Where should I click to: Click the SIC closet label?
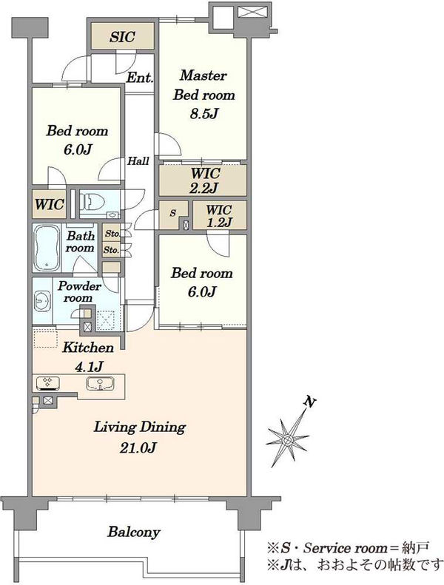[122, 36]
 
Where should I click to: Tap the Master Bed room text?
[204, 85]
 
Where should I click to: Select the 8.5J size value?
[203, 113]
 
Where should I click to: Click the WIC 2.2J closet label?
[205, 180]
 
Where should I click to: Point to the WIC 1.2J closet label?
[219, 216]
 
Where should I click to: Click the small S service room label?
[172, 213]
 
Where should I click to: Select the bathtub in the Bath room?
[47, 248]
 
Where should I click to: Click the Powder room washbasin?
[42, 300]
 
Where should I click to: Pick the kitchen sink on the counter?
[100, 384]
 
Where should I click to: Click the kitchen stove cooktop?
[48, 384]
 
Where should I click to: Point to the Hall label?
[138, 161]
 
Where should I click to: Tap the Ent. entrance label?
[140, 78]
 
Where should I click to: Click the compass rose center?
[288, 440]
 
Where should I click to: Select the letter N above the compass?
[309, 402]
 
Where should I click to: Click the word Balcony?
[134, 532]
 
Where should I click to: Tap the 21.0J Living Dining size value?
[138, 447]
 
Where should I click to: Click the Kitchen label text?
[88, 348]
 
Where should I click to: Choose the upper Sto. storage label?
[112, 234]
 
